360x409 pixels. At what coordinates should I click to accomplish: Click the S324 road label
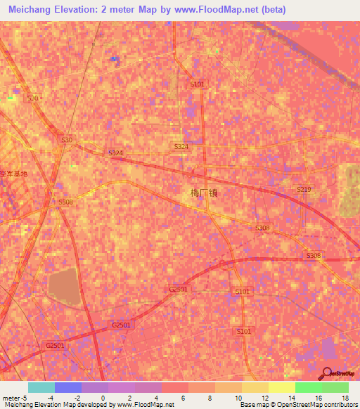[x=116, y=152]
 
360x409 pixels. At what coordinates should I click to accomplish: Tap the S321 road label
[x=181, y=146]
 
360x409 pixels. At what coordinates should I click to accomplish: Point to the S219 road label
[x=304, y=190]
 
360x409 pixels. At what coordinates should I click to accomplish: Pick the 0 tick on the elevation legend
[x=104, y=397]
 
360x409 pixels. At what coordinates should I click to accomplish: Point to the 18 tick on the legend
[x=345, y=397]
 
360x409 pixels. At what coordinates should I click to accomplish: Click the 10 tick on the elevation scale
[x=238, y=397]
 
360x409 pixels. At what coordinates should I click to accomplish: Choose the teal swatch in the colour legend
[x=41, y=387]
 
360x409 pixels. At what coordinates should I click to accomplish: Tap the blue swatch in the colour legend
[x=68, y=387]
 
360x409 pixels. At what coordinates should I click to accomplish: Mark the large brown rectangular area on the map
[x=65, y=287]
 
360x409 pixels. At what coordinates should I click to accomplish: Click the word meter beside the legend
[x=11, y=397]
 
